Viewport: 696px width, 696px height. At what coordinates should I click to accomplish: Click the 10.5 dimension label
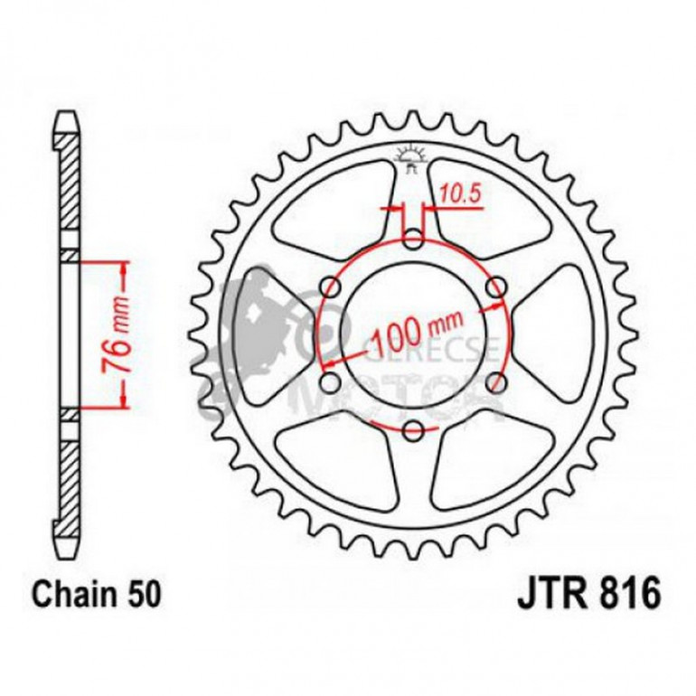point(456,192)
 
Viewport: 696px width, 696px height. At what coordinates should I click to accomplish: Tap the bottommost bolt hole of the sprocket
point(413,429)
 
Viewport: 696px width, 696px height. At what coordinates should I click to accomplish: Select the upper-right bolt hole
point(494,287)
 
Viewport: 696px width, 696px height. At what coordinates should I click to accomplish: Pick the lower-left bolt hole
point(331,381)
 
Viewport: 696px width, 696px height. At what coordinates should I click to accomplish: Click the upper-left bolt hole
point(331,287)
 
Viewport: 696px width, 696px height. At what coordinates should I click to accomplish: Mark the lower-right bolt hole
point(494,381)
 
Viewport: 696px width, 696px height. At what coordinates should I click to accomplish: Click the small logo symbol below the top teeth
point(412,160)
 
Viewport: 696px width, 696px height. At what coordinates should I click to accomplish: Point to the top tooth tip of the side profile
point(69,118)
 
